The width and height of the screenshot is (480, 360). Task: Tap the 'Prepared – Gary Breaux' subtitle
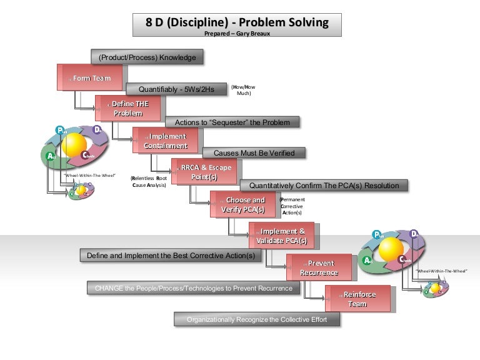tap(237, 34)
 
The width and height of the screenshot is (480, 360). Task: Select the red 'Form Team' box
tap(89, 78)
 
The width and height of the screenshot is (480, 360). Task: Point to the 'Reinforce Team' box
tap(357, 299)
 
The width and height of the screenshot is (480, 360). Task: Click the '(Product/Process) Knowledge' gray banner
tap(147, 57)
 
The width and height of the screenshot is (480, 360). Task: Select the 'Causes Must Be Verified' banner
tap(254, 152)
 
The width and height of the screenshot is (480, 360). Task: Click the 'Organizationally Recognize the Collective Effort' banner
tap(257, 319)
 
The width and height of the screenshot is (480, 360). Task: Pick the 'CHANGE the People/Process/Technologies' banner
tap(193, 288)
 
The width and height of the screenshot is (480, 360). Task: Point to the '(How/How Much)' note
tap(243, 90)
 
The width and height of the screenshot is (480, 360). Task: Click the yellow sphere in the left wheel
tap(74, 145)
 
